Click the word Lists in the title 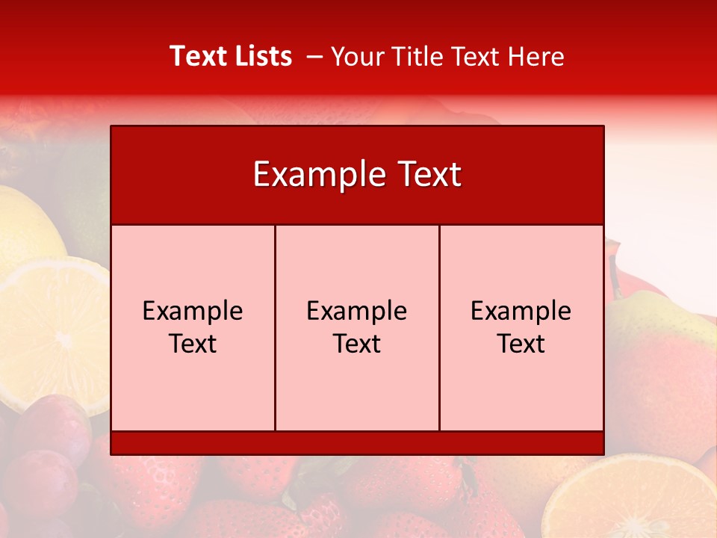pos(261,56)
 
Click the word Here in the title pos(536,57)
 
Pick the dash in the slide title pos(314,57)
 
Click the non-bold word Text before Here pos(472,57)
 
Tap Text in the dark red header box pos(430,175)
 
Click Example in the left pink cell pos(193,311)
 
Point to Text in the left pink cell pos(193,344)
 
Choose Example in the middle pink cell pos(357,311)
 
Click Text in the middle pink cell pos(357,344)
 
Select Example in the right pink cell pos(521,311)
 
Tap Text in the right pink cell pos(521,344)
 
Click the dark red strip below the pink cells pos(357,443)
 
